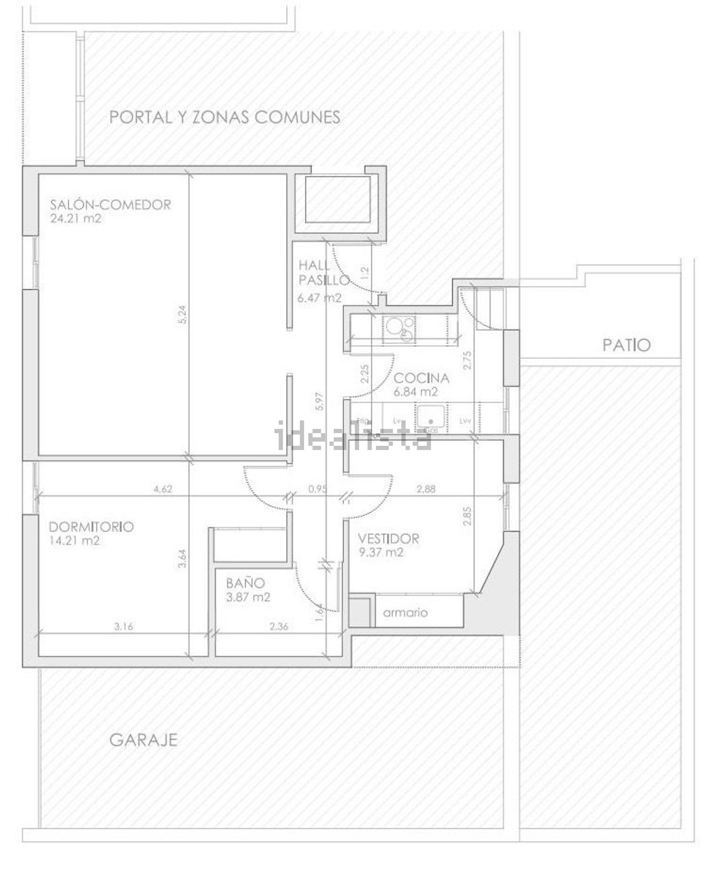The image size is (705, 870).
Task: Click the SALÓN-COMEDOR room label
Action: click(x=110, y=205)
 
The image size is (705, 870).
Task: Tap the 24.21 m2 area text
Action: click(x=76, y=218)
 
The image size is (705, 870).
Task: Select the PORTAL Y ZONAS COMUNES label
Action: click(x=225, y=117)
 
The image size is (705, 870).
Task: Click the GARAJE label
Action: click(x=143, y=740)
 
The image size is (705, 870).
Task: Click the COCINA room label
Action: click(x=421, y=378)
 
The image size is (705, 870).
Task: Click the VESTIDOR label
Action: click(x=388, y=538)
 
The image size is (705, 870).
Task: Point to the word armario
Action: click(x=405, y=613)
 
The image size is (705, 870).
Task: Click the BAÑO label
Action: click(x=245, y=583)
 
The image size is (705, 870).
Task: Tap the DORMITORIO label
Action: click(x=92, y=527)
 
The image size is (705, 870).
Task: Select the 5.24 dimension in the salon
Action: click(x=183, y=314)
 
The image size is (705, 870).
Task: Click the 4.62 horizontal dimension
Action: click(x=163, y=489)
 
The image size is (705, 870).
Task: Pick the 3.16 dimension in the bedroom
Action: click(x=124, y=626)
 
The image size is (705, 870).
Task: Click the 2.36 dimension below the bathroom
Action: click(x=279, y=626)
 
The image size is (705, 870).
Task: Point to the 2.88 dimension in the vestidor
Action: click(x=426, y=489)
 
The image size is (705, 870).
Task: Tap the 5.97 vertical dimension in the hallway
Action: click(x=320, y=402)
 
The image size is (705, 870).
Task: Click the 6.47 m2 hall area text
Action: click(x=319, y=297)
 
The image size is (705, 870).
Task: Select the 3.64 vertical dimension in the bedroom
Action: click(x=183, y=559)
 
